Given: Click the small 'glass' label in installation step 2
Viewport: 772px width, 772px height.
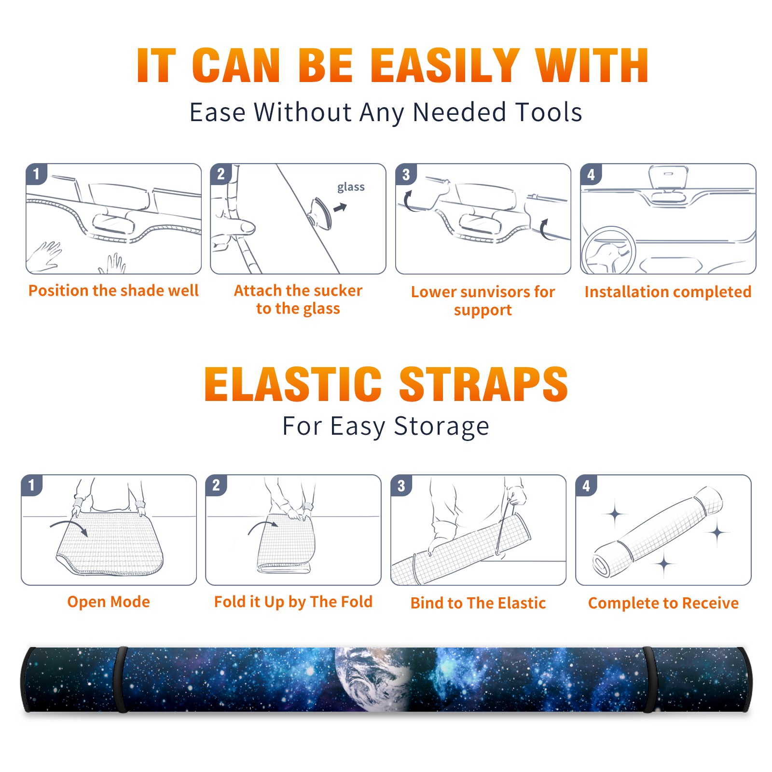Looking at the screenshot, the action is [351, 187].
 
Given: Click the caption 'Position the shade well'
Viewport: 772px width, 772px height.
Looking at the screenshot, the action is [113, 290].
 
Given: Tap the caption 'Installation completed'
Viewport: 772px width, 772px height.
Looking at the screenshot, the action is [668, 292].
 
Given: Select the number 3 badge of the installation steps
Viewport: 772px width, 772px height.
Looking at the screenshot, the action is [406, 175].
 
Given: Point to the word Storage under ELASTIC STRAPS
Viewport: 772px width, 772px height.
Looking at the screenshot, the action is [441, 427].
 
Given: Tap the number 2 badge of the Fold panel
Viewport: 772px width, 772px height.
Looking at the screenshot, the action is [216, 485].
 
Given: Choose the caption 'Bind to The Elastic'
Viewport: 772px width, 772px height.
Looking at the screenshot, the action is [478, 603].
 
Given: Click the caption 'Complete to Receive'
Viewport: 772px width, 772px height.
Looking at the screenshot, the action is [663, 603].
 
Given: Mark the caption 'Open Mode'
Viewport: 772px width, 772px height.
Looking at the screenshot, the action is [109, 602].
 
